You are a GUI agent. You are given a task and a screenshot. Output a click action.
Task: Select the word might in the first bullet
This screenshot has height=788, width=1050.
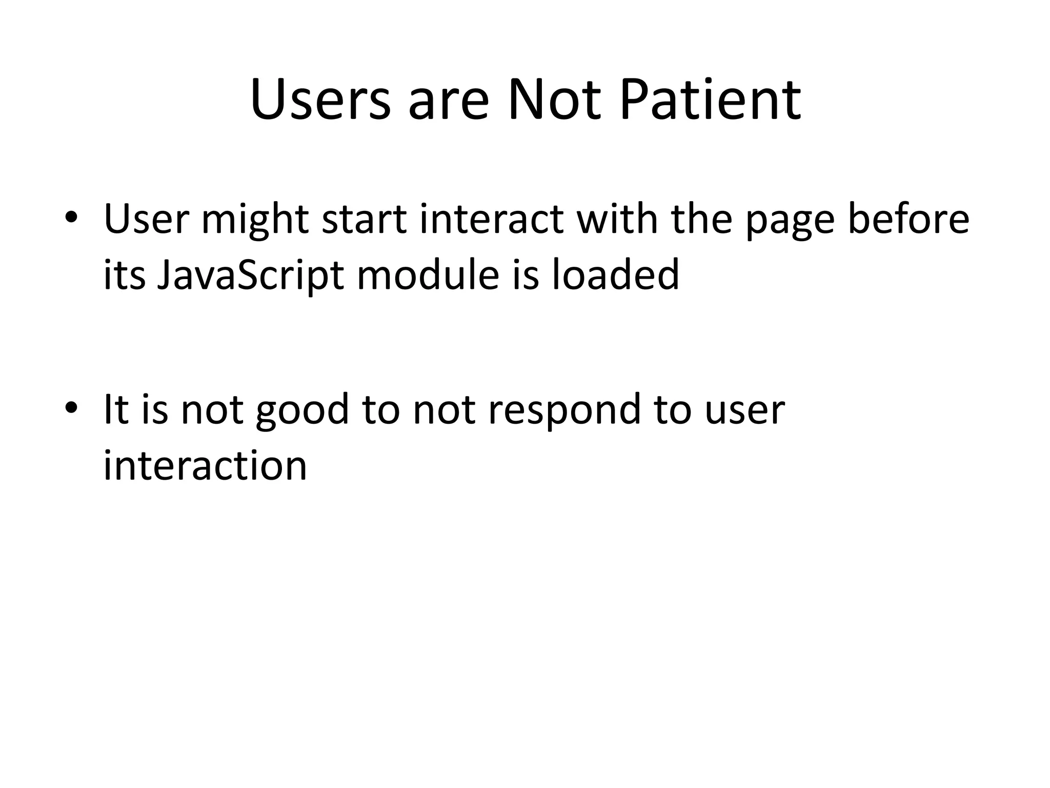pos(255,219)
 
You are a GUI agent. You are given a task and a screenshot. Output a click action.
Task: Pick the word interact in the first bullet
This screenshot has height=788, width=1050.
pos(491,219)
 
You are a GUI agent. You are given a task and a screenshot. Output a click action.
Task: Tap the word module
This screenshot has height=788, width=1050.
pos(428,275)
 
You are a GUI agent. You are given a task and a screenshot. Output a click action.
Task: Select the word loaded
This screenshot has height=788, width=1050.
pos(615,275)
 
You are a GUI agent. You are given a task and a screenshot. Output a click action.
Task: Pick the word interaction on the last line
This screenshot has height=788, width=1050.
pos(205,466)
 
